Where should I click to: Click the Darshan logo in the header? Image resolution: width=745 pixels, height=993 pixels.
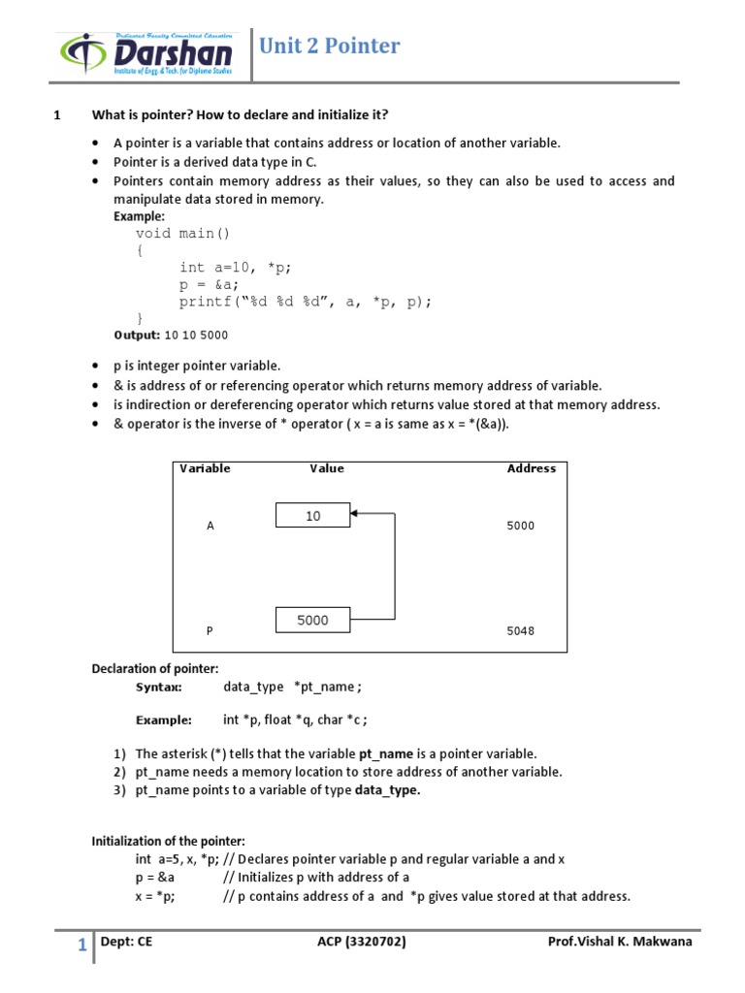point(145,56)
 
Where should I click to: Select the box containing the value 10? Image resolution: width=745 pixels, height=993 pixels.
point(312,516)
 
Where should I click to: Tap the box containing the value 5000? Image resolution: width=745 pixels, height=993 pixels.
point(312,620)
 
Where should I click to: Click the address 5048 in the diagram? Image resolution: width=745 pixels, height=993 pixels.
point(520,630)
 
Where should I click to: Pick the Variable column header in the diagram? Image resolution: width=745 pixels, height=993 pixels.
point(205,468)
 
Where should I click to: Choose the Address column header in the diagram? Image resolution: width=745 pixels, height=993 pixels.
point(531,468)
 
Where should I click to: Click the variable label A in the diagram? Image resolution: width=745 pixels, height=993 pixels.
point(210,526)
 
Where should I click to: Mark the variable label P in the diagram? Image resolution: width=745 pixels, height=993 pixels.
point(210,630)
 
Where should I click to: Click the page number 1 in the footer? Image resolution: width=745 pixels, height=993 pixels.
point(82,945)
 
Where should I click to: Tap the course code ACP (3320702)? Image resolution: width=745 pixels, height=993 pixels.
point(361,942)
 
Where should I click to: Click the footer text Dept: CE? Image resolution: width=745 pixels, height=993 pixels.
point(126,942)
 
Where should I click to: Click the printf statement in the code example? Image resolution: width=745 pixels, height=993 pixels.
point(305,302)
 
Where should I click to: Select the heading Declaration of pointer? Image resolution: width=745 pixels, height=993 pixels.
point(155,668)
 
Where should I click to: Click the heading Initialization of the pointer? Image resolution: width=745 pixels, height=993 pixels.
point(169,841)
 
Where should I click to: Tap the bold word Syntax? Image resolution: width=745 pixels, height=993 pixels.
point(158,687)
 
